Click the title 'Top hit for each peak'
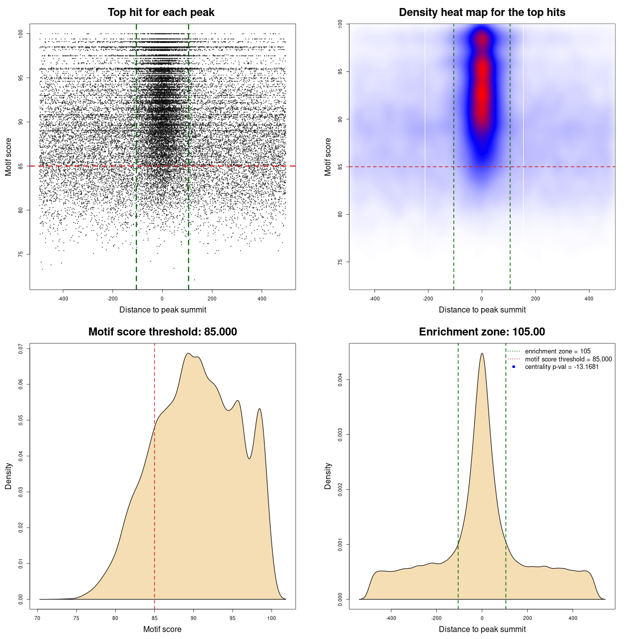161,12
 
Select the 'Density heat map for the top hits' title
482,12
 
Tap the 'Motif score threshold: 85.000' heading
162,332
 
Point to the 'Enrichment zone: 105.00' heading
482,332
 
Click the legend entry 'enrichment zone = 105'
558,351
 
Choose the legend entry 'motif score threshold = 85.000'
568,359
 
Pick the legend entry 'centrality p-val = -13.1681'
562,367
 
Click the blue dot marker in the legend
514,367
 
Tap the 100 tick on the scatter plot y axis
20,33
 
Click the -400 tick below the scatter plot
63,299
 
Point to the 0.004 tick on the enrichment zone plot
340,380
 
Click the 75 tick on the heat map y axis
340,262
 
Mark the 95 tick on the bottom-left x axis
233,618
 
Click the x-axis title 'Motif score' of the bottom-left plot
162,629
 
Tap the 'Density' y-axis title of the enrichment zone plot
328,476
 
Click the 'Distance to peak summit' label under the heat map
482,310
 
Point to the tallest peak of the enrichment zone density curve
482,354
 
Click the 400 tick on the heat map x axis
589,299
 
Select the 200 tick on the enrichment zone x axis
527,618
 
